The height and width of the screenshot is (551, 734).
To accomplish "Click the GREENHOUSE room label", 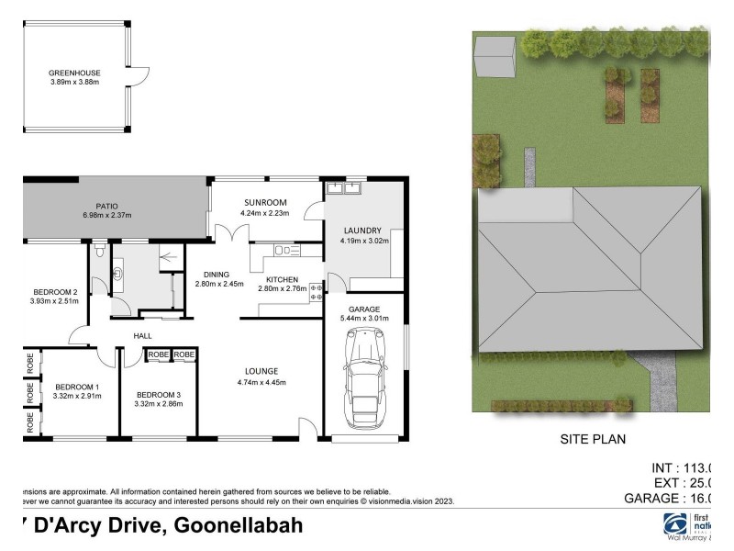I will point(75,73).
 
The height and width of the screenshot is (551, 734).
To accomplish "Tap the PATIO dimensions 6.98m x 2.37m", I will point(105,216).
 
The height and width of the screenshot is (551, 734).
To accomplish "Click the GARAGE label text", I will point(364,309).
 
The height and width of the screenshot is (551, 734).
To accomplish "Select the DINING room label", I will point(217,274).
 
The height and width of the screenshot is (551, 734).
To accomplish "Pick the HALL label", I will point(142,336).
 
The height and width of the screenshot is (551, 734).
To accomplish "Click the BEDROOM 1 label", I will point(78,386).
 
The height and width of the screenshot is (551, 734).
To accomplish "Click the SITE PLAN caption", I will point(593,439).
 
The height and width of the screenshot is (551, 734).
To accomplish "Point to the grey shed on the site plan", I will point(495,63).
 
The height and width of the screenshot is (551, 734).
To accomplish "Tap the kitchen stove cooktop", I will point(317,293).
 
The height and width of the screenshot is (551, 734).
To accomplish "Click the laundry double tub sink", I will point(344,189).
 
